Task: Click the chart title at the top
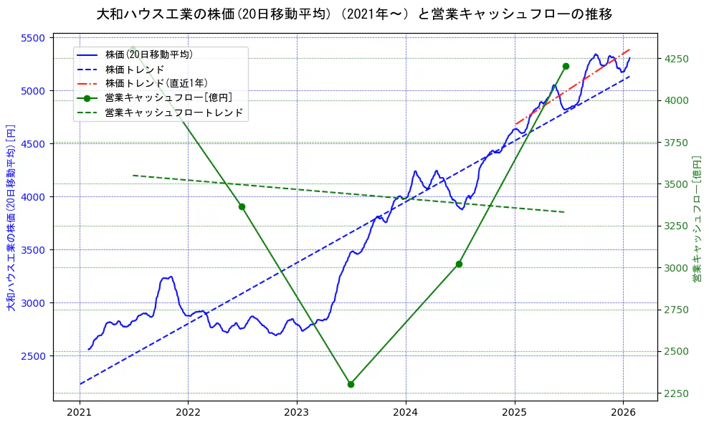point(354,14)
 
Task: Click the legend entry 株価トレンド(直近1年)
point(156,83)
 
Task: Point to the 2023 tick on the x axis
point(297,412)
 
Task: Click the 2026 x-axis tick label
point(623,412)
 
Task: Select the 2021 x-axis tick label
point(79,412)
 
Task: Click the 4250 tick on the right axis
point(677,59)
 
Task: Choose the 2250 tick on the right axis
point(677,393)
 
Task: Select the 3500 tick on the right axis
point(677,184)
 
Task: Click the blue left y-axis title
point(11,218)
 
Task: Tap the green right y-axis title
point(696,218)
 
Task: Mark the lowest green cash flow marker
point(351,384)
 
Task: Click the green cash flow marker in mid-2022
point(242,206)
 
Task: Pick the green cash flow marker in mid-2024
point(459,264)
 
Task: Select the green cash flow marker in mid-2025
point(566,66)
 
